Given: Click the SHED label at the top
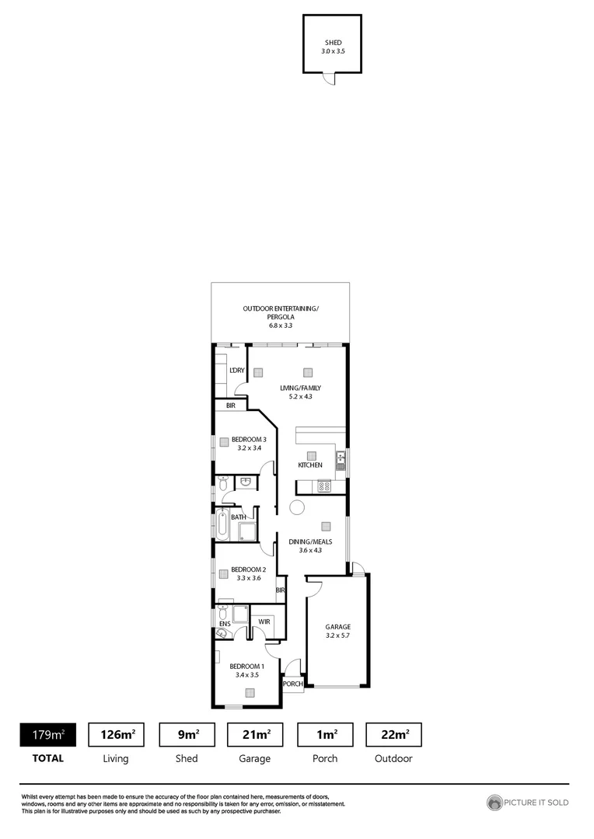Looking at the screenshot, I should click(x=333, y=43).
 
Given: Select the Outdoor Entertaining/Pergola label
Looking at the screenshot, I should click(x=281, y=308).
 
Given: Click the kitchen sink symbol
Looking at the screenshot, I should click(x=340, y=462).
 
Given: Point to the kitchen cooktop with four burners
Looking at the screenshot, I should click(x=324, y=486).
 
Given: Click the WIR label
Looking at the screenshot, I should click(x=264, y=621).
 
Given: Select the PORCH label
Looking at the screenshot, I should click(x=292, y=684).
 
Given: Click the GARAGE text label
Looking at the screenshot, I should click(x=338, y=627).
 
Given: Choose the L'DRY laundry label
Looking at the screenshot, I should click(x=237, y=371).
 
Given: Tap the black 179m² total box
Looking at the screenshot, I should click(x=47, y=734).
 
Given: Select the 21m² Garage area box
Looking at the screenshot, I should click(x=255, y=734).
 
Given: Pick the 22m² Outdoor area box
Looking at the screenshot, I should click(x=393, y=734).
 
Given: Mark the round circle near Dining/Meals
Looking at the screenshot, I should click(x=296, y=508).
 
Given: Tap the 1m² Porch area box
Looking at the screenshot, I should click(x=325, y=734).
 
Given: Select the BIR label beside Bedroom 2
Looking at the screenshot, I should click(x=280, y=590).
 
